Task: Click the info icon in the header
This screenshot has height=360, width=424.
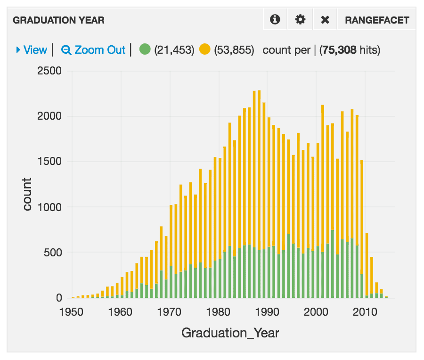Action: tap(275, 19)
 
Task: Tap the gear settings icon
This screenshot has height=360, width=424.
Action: tap(300, 19)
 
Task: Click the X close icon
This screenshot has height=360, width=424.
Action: tap(325, 20)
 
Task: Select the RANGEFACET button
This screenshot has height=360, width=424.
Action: tap(377, 20)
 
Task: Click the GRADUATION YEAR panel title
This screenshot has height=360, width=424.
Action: tap(58, 20)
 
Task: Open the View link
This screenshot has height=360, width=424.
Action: tap(32, 50)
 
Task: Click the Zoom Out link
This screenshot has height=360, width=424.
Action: tap(93, 50)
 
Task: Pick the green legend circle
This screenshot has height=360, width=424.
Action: tap(145, 49)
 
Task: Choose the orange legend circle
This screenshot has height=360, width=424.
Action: tap(205, 49)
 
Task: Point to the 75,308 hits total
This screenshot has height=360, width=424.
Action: tap(350, 50)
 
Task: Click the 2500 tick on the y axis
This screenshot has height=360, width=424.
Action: tap(49, 71)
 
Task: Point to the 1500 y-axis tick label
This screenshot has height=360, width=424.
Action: tap(49, 162)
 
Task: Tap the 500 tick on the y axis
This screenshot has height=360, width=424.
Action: tap(53, 253)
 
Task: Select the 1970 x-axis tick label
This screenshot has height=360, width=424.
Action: tap(169, 312)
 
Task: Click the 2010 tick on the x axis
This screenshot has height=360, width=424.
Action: tap(365, 312)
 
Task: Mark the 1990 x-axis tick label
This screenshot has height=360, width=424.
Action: tap(267, 312)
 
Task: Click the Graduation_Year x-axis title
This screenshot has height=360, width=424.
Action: tap(230, 333)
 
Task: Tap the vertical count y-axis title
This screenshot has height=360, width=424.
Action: tap(27, 194)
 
